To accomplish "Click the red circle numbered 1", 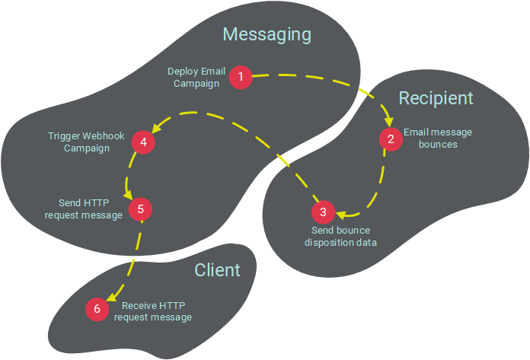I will pyautogui.click(x=241, y=76).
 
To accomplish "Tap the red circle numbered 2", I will pyautogui.click(x=391, y=139).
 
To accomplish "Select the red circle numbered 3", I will pyautogui.click(x=322, y=211).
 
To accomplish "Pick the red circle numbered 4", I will pyautogui.click(x=142, y=142).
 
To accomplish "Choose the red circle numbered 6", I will pyautogui.click(x=97, y=309).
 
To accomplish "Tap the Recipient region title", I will pyautogui.click(x=436, y=98).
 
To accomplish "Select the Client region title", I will pyautogui.click(x=217, y=270).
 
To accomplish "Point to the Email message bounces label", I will pyautogui.click(x=438, y=138).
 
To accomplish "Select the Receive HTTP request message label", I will pyautogui.click(x=152, y=311).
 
